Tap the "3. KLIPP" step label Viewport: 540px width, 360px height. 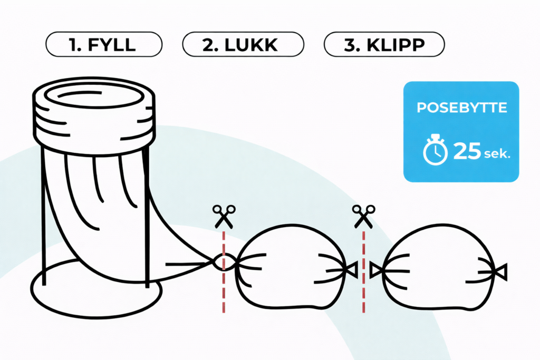click(384, 45)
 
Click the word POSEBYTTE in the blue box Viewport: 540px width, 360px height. click(461, 108)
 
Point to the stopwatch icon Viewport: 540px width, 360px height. click(435, 151)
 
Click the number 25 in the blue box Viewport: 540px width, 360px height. click(467, 152)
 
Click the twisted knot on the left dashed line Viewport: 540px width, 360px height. click(223, 261)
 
